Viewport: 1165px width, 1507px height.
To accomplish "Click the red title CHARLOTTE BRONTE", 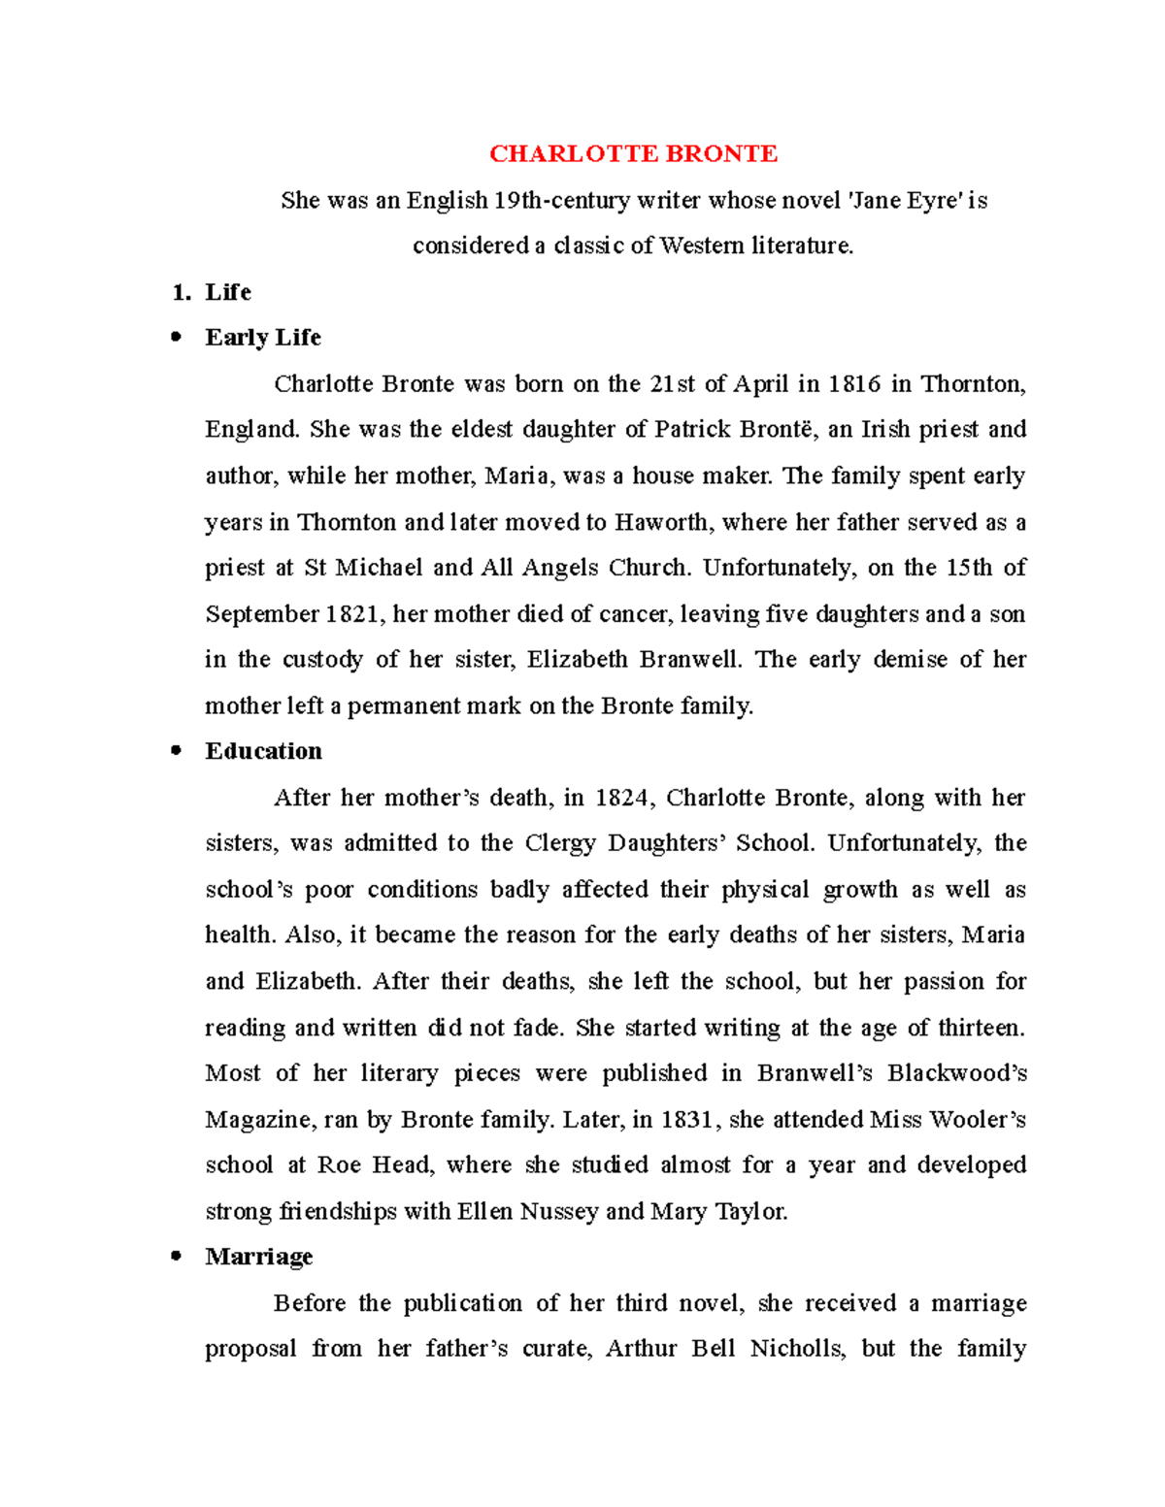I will (x=633, y=154).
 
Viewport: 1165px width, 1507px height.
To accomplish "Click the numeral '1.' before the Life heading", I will (x=181, y=292).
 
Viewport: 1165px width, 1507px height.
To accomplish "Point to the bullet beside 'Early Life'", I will (x=176, y=337).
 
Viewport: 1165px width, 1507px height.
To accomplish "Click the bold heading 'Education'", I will (x=263, y=751).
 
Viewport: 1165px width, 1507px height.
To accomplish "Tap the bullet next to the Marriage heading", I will (x=176, y=1256).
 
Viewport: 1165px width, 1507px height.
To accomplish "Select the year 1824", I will (x=621, y=798).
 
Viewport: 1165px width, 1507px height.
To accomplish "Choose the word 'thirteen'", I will (x=980, y=1028).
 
